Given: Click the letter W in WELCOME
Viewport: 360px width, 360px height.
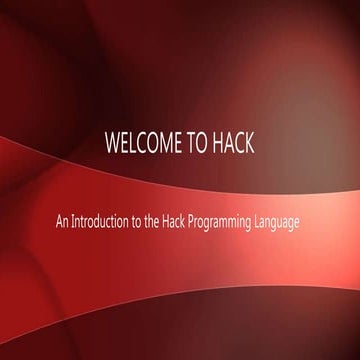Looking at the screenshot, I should tap(111, 141).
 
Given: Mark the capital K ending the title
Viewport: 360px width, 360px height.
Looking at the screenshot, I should tap(249, 141).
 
